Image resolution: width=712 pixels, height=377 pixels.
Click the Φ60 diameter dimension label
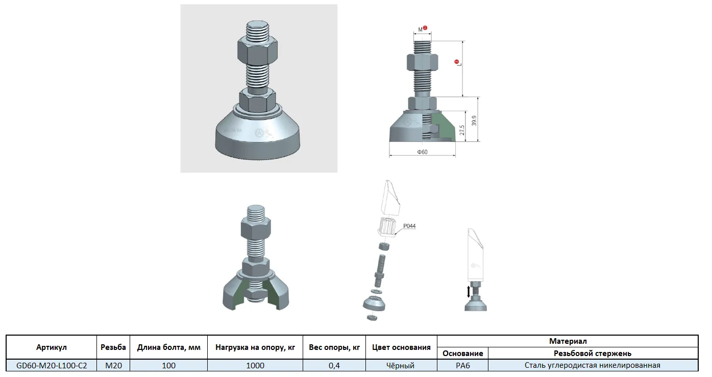click(422, 152)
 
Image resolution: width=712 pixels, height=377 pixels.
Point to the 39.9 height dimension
click(474, 121)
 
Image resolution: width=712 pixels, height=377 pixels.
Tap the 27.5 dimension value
click(462, 130)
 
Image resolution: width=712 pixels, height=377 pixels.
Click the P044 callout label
click(409, 226)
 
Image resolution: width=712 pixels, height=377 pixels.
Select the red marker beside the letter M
click(425, 28)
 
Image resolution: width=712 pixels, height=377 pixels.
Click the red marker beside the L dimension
click(457, 61)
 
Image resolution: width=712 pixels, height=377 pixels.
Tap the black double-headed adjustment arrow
click(468, 292)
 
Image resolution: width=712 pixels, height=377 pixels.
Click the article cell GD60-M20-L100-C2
click(52, 366)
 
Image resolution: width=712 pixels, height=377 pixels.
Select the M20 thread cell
click(113, 366)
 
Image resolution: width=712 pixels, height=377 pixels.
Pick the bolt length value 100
click(169, 366)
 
